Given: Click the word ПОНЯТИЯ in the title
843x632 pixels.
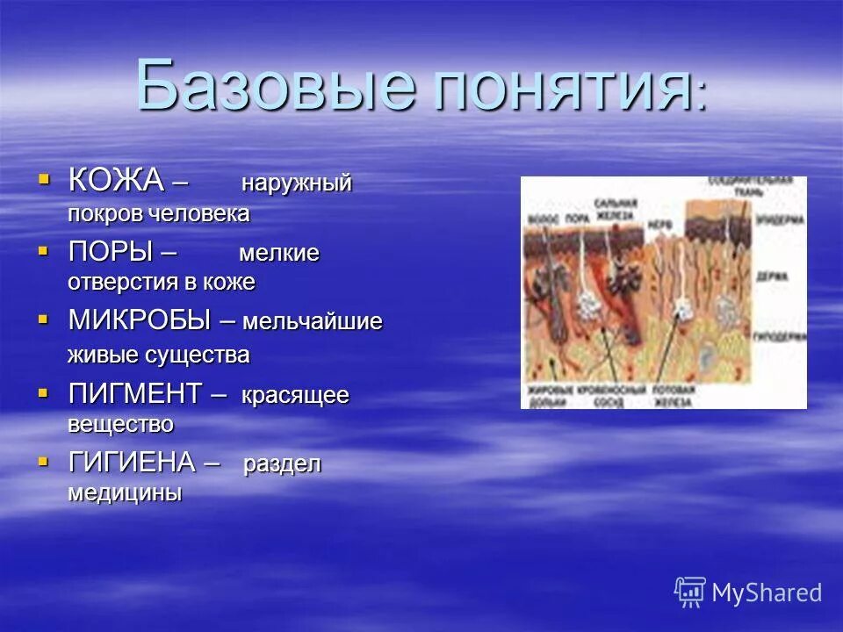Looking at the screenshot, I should click(x=562, y=88).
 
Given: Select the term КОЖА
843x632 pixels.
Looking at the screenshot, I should click(x=116, y=180).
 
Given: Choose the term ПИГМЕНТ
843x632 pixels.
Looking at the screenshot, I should click(x=135, y=394).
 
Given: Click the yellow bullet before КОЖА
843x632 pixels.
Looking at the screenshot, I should click(x=44, y=179).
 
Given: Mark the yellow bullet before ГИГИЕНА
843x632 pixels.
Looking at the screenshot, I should click(x=44, y=461).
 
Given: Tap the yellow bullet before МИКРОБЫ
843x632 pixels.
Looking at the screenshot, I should click(x=44, y=320).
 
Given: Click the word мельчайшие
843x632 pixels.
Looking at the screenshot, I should click(x=313, y=322).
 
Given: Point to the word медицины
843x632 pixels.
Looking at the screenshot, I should click(x=125, y=492).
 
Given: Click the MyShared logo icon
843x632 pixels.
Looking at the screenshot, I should click(x=690, y=592).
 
